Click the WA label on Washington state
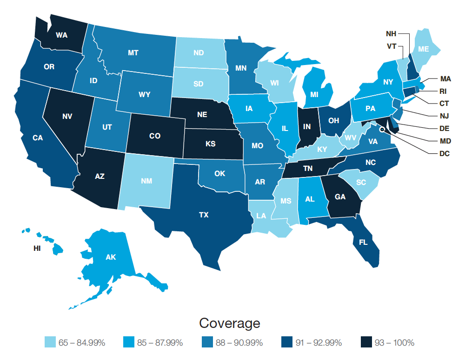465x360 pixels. [x=61, y=35]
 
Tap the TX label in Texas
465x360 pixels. [x=204, y=215]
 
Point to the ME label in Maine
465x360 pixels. [x=424, y=49]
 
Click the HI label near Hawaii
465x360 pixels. [x=37, y=249]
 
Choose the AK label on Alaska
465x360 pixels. [x=111, y=257]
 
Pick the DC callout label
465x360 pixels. [x=444, y=153]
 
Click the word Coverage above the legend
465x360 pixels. [x=229, y=323]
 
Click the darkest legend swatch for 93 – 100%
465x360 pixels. [x=366, y=343]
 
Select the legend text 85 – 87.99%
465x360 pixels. [x=160, y=343]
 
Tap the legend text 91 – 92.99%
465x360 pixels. [x=319, y=343]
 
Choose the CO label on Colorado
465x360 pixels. [x=155, y=136]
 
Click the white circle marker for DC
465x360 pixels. [x=381, y=131]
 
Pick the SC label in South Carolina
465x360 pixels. [x=361, y=182]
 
